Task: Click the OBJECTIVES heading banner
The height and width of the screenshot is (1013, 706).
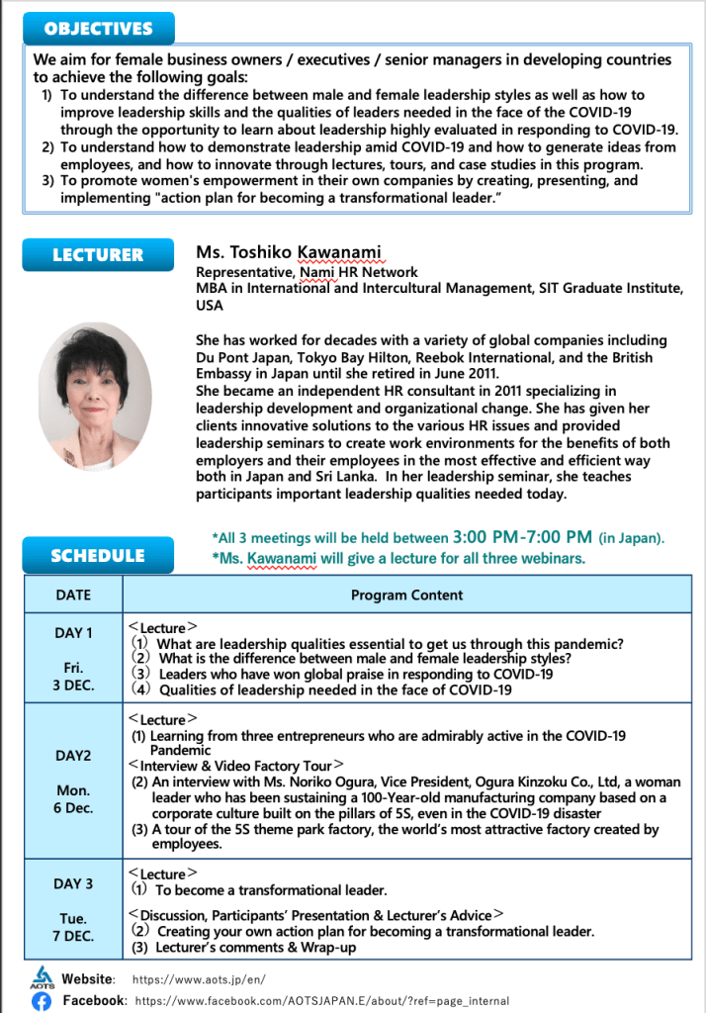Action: tap(98, 29)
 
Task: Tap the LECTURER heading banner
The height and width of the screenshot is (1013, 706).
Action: tap(98, 254)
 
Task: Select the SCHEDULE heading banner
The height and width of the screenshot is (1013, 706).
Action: tap(98, 555)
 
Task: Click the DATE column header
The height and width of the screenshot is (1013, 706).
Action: tap(73, 595)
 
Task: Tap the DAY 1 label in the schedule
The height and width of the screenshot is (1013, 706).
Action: tap(73, 633)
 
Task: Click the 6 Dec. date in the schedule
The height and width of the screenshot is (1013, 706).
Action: tap(73, 807)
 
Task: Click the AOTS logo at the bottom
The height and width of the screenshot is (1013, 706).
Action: tap(41, 978)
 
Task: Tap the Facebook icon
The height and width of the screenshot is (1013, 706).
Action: tap(42, 1001)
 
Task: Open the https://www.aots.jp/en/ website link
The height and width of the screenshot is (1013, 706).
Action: tap(198, 979)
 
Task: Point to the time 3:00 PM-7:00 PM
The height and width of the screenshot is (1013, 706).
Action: tap(522, 537)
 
